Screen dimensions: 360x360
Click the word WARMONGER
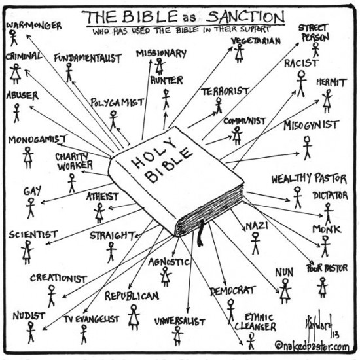click(x=34, y=26)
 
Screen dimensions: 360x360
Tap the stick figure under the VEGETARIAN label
click(x=240, y=54)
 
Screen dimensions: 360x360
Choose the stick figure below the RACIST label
click(x=300, y=82)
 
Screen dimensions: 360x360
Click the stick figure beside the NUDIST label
click(x=30, y=331)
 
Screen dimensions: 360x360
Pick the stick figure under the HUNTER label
click(x=166, y=98)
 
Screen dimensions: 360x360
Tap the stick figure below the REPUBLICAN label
click(x=134, y=317)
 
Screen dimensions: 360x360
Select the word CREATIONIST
click(x=58, y=278)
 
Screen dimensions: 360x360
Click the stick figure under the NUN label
click(x=285, y=290)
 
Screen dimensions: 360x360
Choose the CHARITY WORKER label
click(x=74, y=161)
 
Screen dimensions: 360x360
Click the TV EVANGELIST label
click(x=91, y=319)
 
